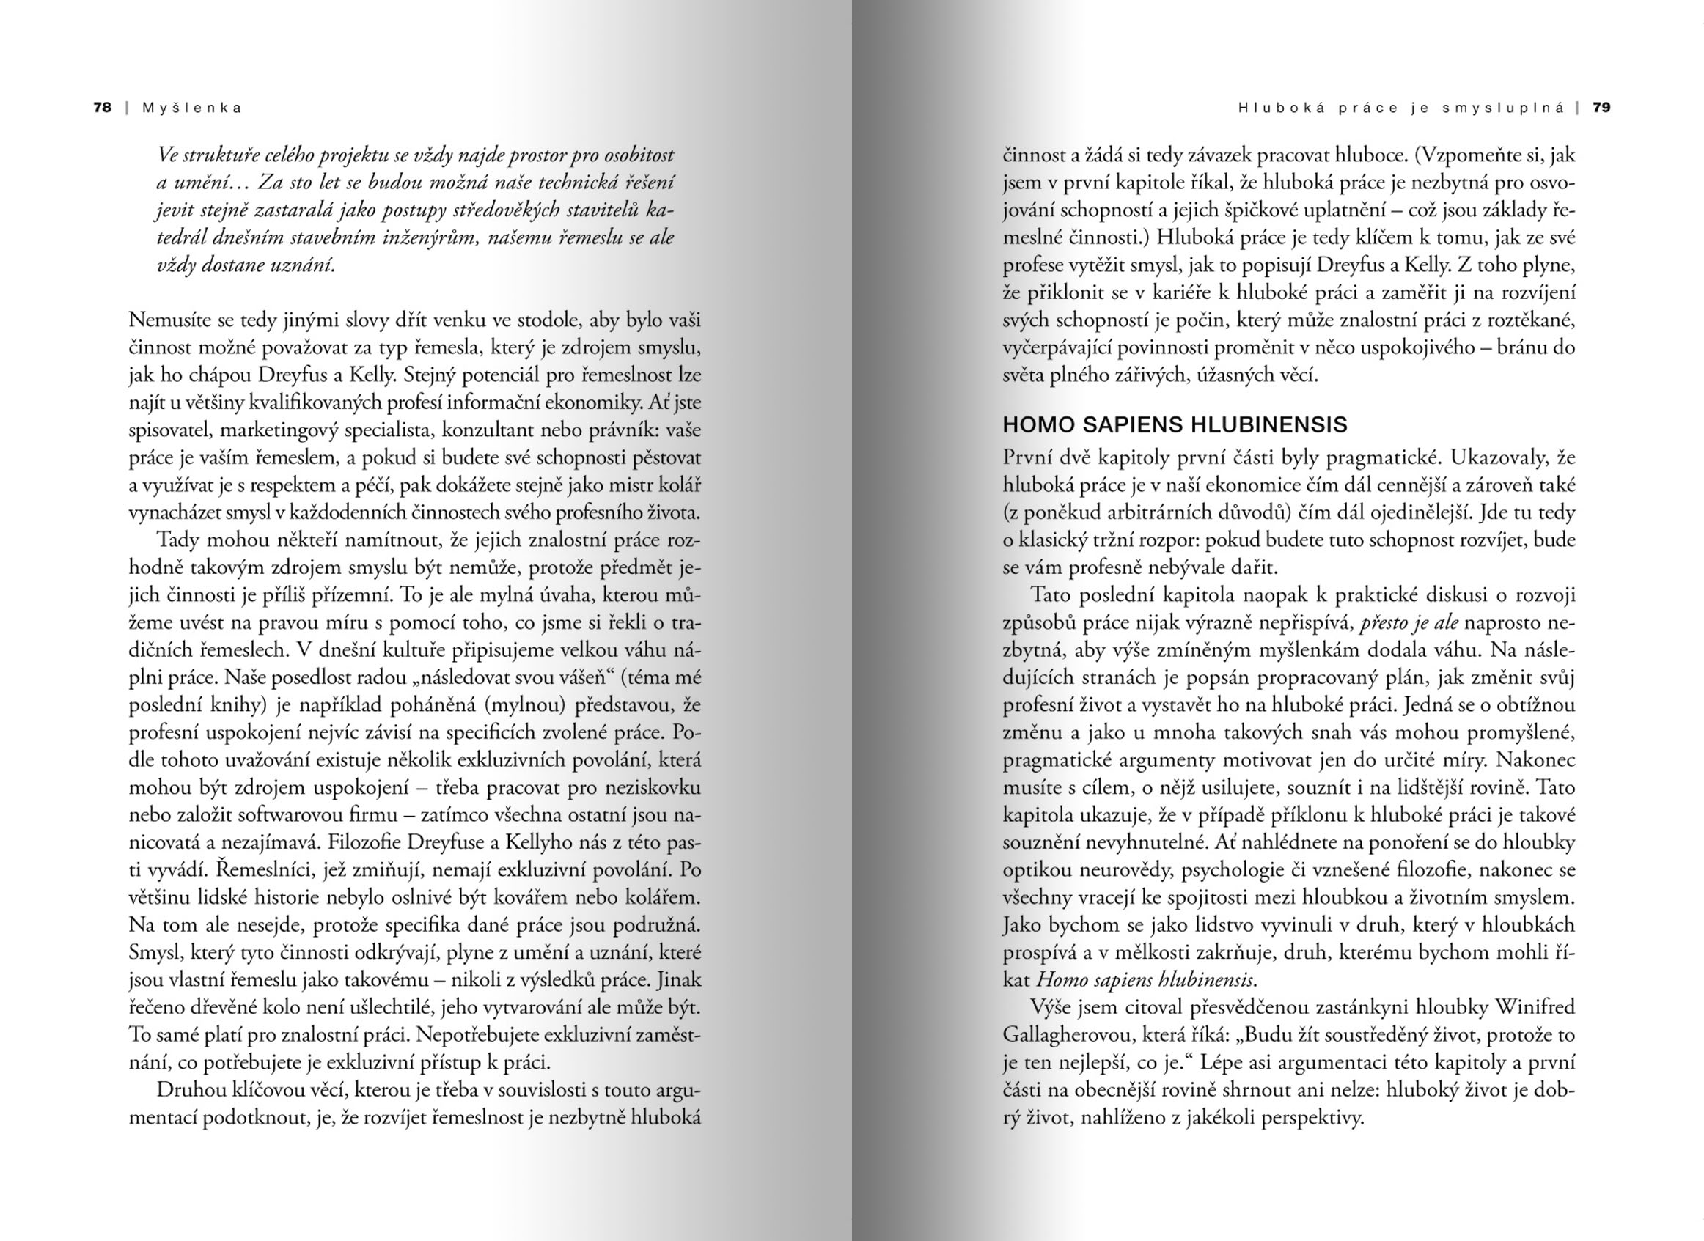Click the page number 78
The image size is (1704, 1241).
(x=102, y=108)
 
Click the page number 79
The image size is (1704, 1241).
(x=1602, y=108)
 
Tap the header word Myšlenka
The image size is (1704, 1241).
(x=192, y=108)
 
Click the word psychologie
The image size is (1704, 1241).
(x=1232, y=870)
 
